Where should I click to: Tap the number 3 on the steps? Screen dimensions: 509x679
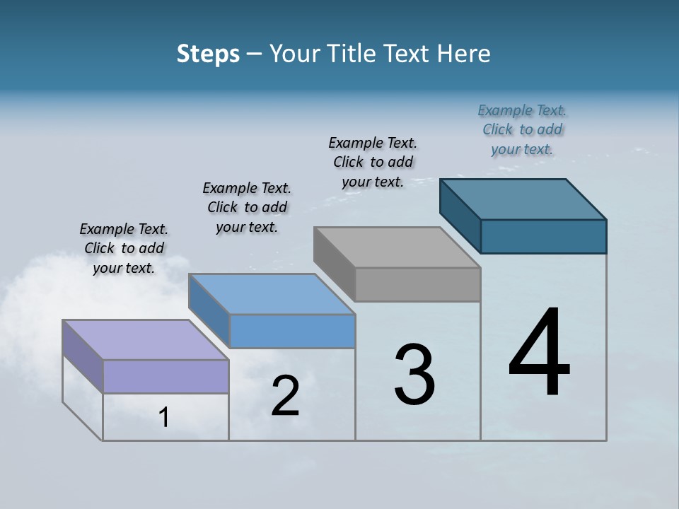point(414,375)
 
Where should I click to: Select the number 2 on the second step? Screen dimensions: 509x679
point(285,396)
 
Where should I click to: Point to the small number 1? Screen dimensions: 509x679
point(164,417)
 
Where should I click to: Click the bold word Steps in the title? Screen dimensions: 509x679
point(208,54)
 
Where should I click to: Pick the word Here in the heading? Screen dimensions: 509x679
point(464,54)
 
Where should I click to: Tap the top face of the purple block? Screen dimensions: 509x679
point(145,339)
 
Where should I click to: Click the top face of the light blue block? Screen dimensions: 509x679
point(272,293)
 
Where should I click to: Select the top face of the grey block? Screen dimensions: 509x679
point(397,247)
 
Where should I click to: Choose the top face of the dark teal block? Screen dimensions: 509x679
point(523,199)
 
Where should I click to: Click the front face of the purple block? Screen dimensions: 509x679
point(166,376)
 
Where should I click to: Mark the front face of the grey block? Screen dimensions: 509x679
point(417,284)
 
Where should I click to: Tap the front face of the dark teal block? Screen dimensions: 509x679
point(543,236)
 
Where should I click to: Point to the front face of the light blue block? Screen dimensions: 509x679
point(292,331)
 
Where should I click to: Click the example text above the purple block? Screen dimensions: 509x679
point(124,248)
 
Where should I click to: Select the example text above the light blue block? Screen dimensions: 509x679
point(247,207)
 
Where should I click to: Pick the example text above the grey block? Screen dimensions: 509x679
point(373,162)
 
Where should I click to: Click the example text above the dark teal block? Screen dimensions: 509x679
point(522,129)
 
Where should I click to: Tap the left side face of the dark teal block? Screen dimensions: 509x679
point(460,215)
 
